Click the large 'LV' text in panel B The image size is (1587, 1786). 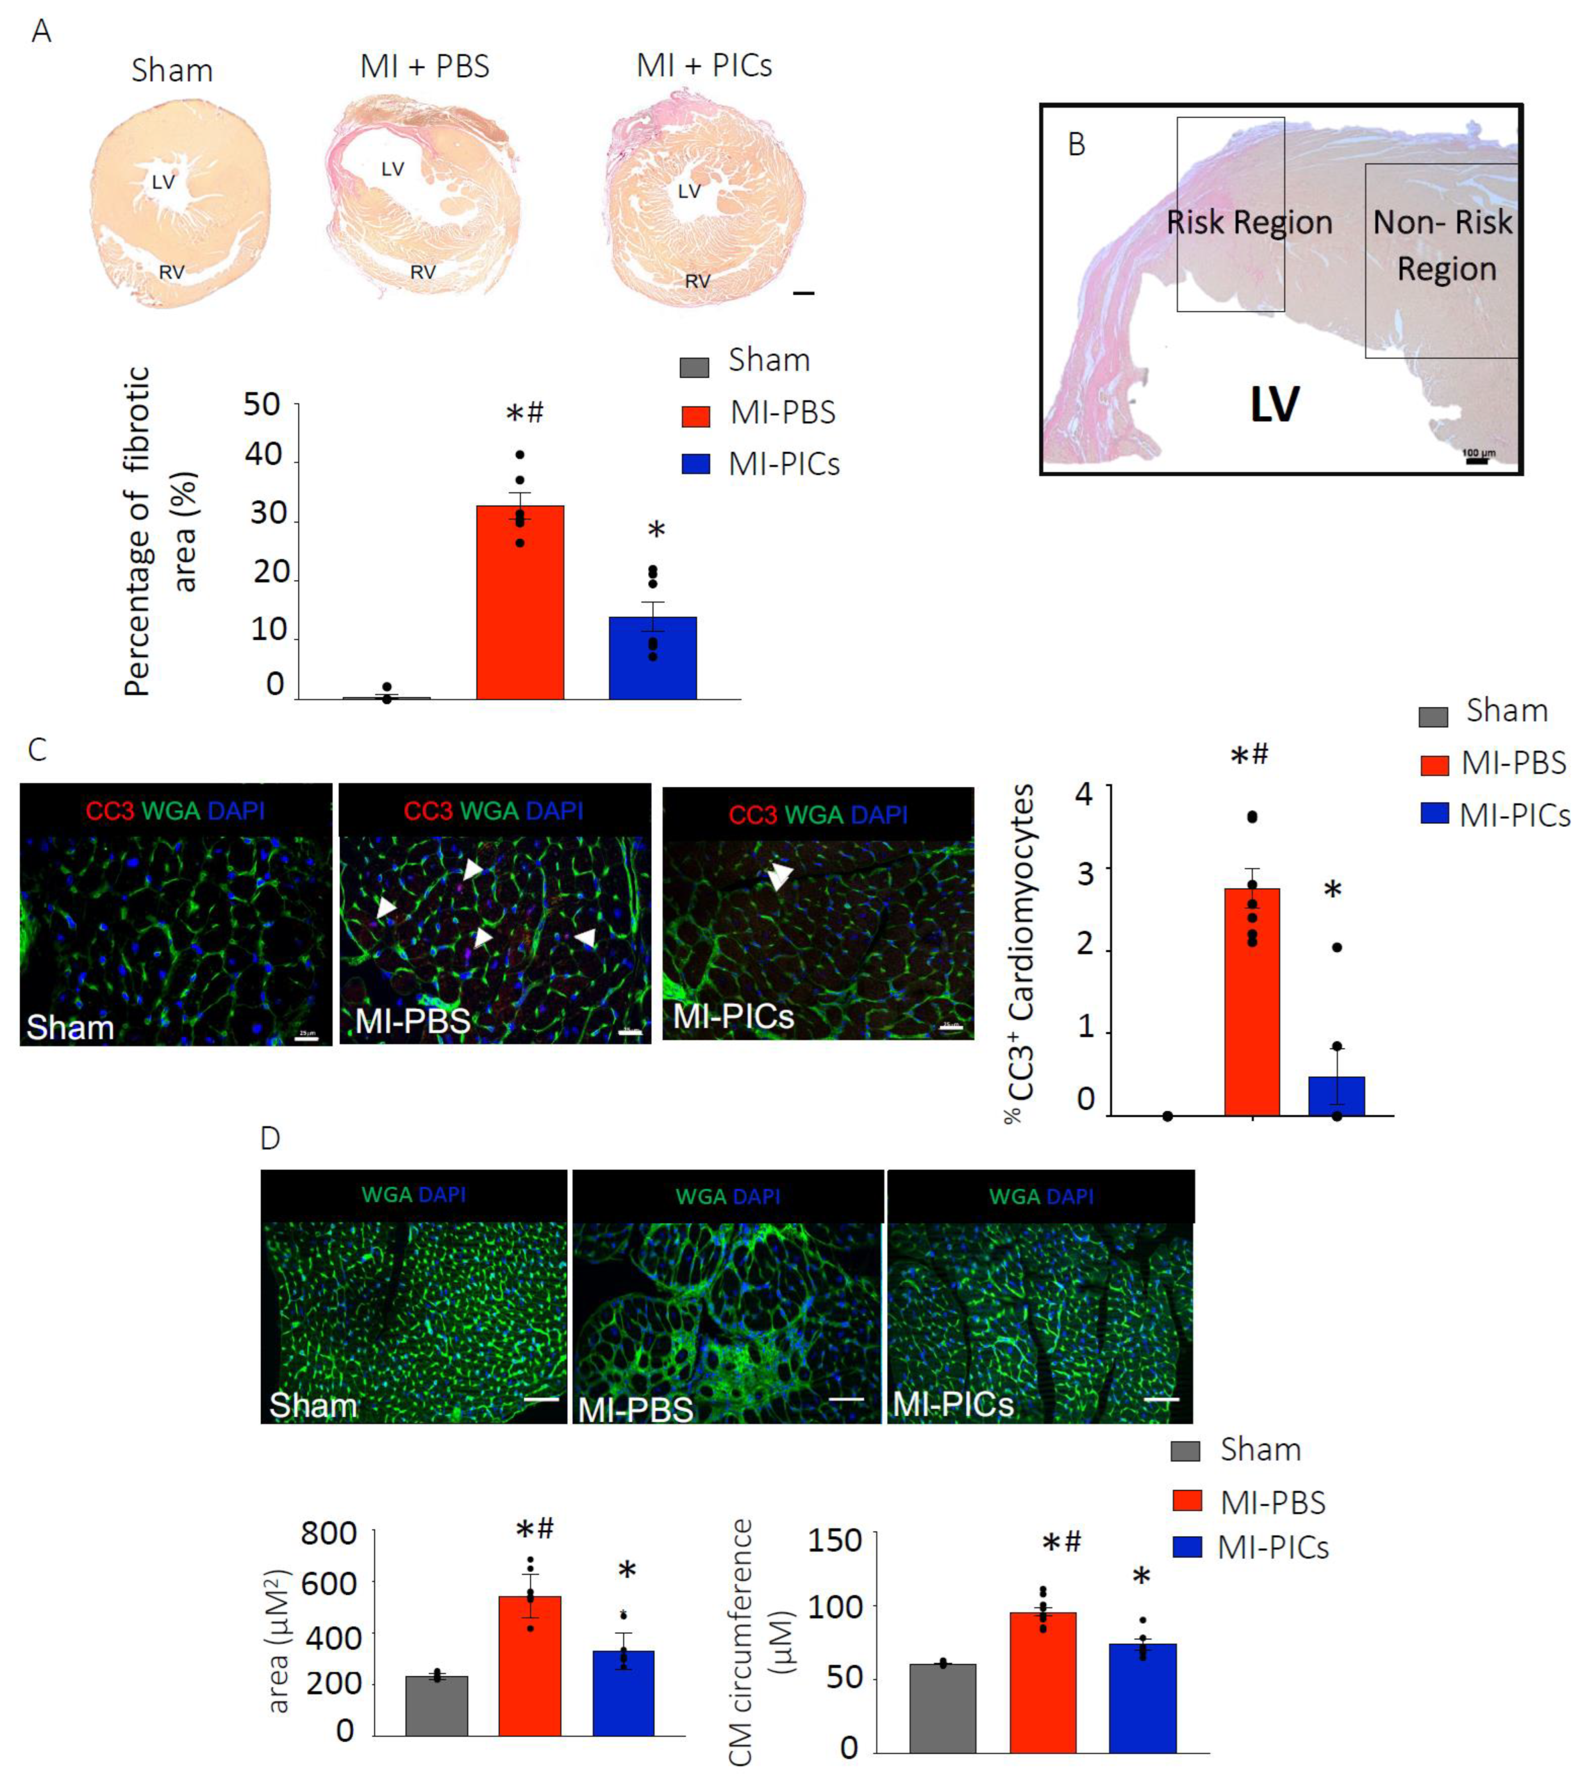tap(1274, 404)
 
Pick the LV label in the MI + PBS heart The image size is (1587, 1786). tap(393, 169)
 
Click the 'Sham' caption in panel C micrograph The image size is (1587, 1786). tap(70, 1027)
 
